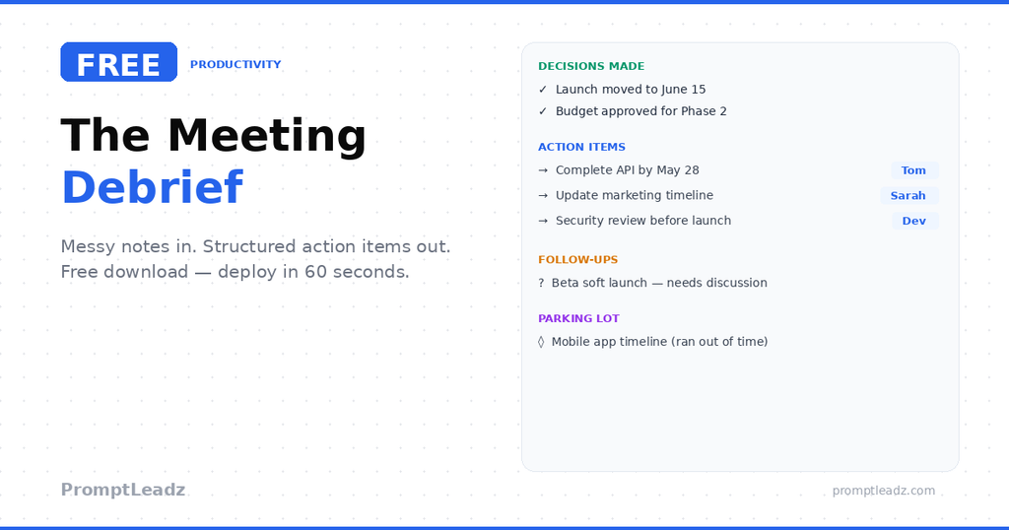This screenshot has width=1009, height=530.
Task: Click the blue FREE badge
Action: tap(118, 62)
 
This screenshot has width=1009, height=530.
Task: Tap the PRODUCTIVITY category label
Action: tap(235, 65)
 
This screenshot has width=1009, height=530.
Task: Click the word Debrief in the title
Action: tap(152, 187)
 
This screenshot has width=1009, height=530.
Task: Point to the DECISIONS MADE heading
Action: tap(591, 66)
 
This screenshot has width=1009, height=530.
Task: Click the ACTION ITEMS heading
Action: tap(581, 147)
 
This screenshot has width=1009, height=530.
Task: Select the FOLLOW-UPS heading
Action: tap(577, 260)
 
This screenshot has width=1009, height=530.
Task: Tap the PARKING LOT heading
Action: tap(578, 318)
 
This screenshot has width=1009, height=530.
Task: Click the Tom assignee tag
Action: tap(913, 170)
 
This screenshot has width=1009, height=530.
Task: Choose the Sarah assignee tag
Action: tap(908, 196)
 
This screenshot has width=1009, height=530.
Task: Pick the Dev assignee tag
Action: tap(913, 221)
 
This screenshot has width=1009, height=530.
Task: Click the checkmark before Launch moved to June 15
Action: tap(543, 90)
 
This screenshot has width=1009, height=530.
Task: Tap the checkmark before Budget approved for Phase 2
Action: tap(543, 111)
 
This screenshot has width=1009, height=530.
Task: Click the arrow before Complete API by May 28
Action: tap(543, 170)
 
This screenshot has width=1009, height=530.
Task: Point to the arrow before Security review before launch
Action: tap(543, 221)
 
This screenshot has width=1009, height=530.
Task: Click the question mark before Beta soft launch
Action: tap(541, 283)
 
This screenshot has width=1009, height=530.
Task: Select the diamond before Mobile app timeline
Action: tap(541, 342)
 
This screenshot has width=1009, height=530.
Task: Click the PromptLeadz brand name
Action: tap(123, 490)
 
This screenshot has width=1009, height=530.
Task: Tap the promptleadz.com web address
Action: tap(883, 491)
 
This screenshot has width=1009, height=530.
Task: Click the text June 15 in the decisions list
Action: tap(684, 90)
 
